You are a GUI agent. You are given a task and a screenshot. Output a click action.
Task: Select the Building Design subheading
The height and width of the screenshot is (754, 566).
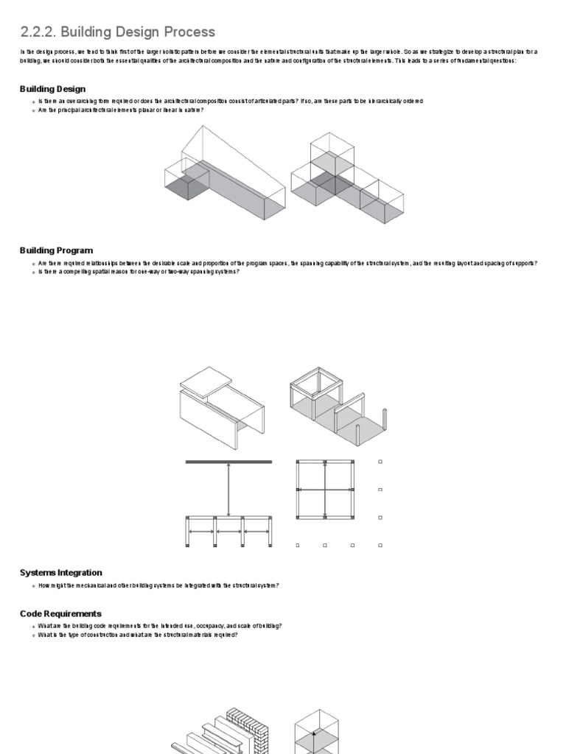click(52, 89)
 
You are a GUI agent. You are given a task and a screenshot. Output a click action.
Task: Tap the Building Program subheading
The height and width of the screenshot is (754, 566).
click(56, 250)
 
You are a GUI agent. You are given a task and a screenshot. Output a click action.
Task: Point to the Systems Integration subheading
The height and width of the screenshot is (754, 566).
click(60, 572)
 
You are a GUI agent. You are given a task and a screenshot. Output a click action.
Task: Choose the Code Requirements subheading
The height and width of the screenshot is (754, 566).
click(60, 613)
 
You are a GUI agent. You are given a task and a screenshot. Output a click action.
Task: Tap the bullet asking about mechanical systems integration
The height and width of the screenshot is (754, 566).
click(158, 585)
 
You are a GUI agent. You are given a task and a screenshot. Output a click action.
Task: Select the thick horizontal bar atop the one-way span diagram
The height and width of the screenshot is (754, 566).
click(228, 462)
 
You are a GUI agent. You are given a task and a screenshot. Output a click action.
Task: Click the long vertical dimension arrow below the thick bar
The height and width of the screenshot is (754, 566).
click(228, 490)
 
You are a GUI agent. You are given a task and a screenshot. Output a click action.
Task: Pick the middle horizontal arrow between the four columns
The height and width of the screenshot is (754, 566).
click(228, 531)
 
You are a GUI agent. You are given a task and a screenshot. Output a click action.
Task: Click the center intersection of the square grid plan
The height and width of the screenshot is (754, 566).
click(325, 490)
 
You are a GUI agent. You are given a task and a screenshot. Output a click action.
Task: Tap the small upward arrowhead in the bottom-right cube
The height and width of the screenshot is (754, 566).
click(314, 733)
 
